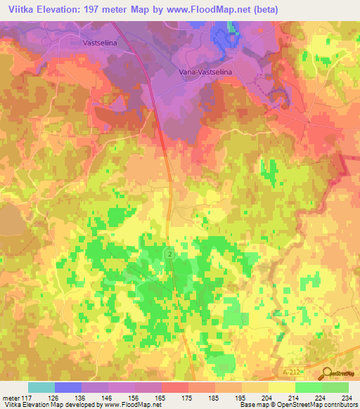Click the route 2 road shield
coord(170,252)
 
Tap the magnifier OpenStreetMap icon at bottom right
coord(328,377)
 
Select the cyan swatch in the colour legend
coord(41,387)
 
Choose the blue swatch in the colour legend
coord(68,387)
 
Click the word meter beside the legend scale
coord(9,397)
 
